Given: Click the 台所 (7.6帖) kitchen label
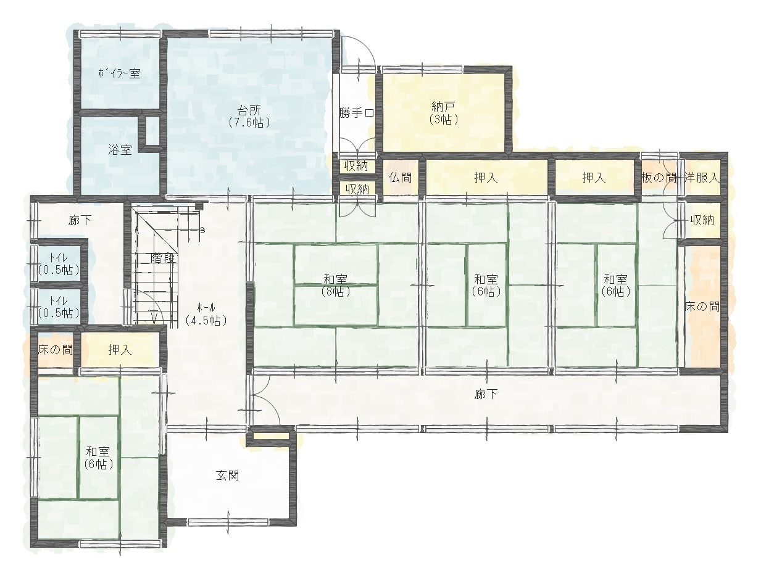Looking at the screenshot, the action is tap(249, 117).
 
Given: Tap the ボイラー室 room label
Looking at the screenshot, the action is tap(120, 74).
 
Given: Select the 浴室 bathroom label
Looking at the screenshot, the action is tap(120, 150).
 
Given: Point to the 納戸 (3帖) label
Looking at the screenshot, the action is tap(443, 112).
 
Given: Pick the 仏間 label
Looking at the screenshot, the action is tap(400, 178).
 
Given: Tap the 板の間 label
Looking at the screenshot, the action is tap(659, 178).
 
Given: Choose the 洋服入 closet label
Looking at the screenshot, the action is tap(702, 178).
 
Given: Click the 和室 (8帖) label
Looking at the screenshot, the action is tap(335, 286).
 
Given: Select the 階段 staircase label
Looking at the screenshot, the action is tap(162, 258).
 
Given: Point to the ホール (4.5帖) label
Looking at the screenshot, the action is tap(206, 314).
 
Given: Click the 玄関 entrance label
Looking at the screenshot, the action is tap(227, 476).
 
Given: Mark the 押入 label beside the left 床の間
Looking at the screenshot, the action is tap(120, 350).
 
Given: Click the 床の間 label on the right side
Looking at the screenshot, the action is tap(702, 307).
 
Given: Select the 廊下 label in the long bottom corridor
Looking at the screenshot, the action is tap(486, 394).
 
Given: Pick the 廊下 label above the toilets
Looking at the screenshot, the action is tap(80, 220).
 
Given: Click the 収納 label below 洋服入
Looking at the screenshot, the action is tap(702, 220).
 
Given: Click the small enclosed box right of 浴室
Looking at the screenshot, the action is tap(151, 130).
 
